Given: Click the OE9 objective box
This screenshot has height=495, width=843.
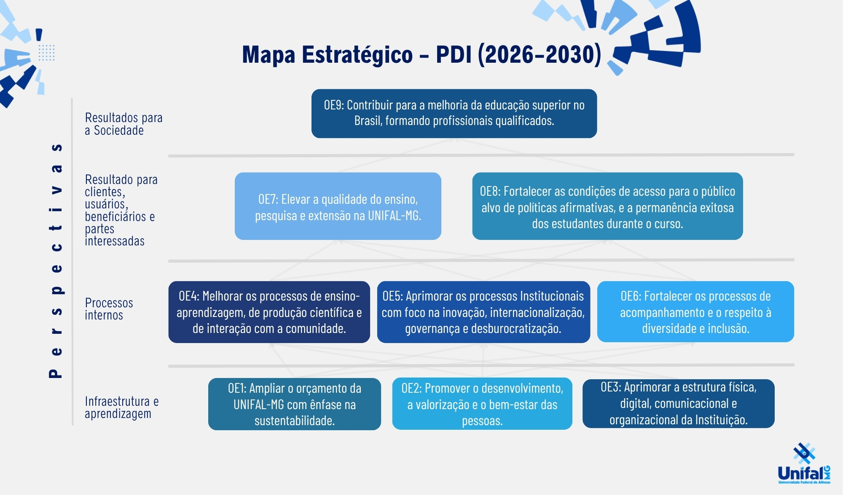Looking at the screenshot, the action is (454, 113).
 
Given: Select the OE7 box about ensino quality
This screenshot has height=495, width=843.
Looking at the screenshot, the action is (338, 206).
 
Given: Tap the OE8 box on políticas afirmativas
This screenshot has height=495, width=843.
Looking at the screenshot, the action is (607, 206).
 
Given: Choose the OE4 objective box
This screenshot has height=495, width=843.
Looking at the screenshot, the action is (269, 312).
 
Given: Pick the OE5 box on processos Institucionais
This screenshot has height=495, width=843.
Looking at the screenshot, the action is (483, 312).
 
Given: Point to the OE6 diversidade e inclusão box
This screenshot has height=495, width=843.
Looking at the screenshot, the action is (695, 311).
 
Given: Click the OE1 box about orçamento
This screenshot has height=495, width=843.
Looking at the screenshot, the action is (295, 404).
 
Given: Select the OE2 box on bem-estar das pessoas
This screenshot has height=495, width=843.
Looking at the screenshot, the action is (482, 404).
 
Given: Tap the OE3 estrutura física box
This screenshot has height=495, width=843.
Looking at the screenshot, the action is (679, 403).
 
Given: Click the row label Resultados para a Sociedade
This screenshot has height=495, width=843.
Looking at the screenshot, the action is (123, 124).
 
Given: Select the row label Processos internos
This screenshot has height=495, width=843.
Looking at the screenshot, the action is (109, 309).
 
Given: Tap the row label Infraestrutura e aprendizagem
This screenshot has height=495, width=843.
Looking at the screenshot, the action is (122, 407).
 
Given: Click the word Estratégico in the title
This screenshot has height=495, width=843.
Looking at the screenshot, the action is (357, 55).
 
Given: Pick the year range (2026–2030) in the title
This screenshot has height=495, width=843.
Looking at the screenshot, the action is (540, 55).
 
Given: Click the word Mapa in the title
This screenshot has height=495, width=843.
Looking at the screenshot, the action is (268, 56).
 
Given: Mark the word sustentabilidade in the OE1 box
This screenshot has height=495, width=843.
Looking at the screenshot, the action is (295, 420).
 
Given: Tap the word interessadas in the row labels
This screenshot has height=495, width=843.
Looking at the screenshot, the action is (115, 241).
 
